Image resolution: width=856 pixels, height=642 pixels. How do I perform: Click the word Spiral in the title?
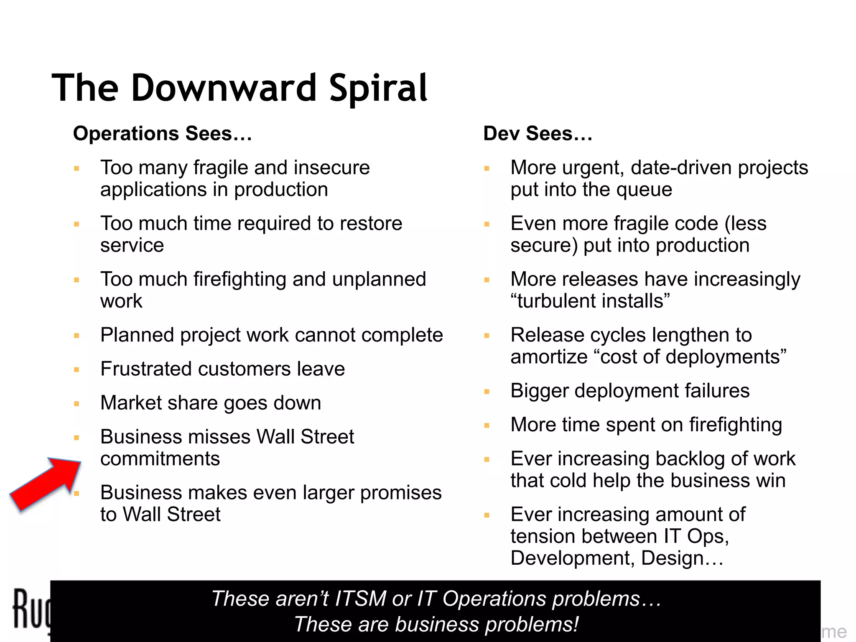(x=378, y=89)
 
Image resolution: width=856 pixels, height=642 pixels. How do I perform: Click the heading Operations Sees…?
(x=163, y=134)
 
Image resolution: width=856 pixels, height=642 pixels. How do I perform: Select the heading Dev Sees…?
(x=538, y=134)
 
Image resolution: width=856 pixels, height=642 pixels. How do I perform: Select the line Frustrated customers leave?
(x=222, y=369)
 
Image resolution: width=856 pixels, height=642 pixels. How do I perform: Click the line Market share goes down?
(x=211, y=403)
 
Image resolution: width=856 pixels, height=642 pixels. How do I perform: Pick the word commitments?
(x=160, y=459)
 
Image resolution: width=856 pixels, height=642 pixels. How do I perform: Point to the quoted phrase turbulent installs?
(x=590, y=301)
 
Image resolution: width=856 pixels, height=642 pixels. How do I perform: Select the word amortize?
(x=549, y=357)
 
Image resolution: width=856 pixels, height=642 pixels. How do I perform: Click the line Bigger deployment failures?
(x=630, y=391)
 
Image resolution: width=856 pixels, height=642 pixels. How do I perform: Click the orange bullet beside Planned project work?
(x=76, y=336)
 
